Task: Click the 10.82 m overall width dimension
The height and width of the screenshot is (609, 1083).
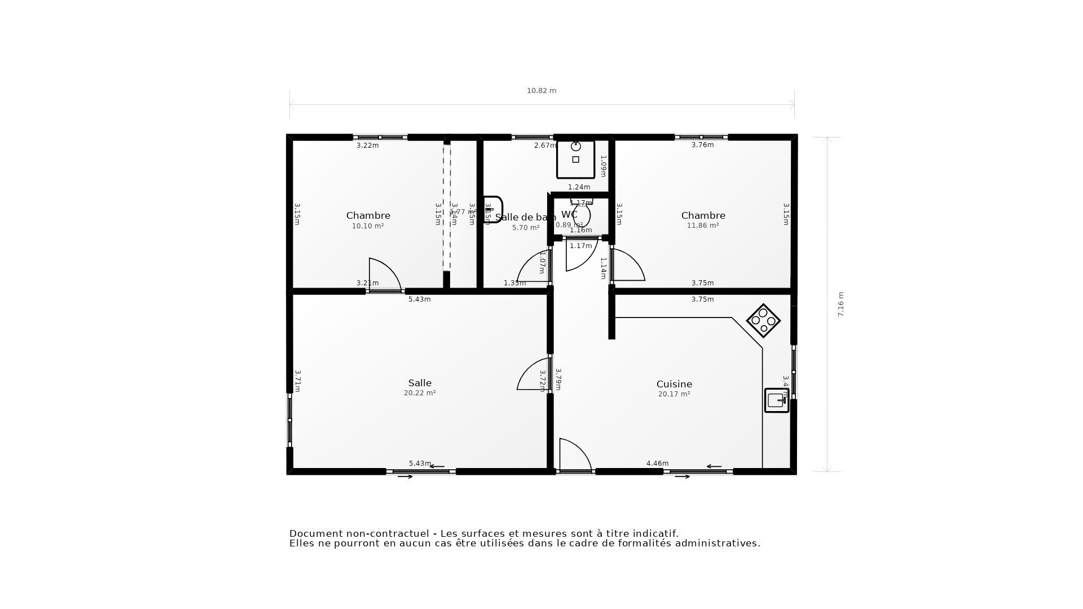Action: click(x=541, y=91)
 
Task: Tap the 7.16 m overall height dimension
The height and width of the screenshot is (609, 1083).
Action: click(x=840, y=304)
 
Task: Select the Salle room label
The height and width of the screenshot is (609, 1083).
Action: click(x=420, y=383)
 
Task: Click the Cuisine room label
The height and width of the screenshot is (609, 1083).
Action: click(x=674, y=384)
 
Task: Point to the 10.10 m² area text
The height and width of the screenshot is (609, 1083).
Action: click(x=368, y=226)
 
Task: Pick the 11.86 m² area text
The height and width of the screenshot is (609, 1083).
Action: click(x=703, y=226)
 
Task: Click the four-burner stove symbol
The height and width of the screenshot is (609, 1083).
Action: click(x=763, y=321)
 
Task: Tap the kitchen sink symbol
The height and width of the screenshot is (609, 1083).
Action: click(x=777, y=400)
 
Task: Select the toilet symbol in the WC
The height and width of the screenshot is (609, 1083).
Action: click(x=582, y=214)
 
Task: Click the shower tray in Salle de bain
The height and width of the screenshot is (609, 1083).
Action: click(x=575, y=160)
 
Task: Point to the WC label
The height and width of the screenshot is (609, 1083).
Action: click(x=569, y=214)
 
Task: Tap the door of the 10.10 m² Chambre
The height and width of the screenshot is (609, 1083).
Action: click(x=384, y=275)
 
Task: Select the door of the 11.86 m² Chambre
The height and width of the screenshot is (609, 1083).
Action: click(x=627, y=265)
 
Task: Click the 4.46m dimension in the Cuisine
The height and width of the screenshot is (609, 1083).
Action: click(x=657, y=464)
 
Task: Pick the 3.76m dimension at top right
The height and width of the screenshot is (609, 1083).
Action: click(x=702, y=145)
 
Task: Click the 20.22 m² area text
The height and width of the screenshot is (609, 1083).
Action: click(x=420, y=393)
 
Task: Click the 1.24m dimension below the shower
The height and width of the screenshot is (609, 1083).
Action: click(x=579, y=187)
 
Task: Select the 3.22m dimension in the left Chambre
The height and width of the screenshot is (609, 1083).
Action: click(x=367, y=145)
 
